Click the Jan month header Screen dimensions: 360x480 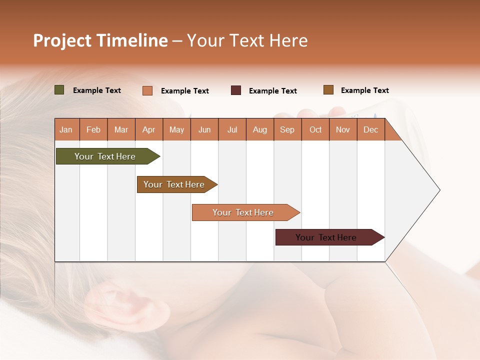(x=66, y=129)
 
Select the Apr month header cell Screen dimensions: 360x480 (x=149, y=129)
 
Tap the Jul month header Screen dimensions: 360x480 (x=232, y=129)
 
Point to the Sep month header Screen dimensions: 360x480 (x=287, y=129)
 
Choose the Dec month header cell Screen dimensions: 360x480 (x=370, y=129)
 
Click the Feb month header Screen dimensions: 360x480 (x=93, y=129)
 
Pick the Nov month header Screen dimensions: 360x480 (x=343, y=129)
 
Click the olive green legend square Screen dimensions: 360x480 (x=59, y=90)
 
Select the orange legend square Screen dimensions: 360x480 (x=147, y=90)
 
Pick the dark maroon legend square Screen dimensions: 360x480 (x=236, y=90)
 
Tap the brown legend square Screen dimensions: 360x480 (x=328, y=90)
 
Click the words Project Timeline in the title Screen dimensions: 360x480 (x=100, y=40)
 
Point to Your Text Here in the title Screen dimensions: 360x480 (x=247, y=40)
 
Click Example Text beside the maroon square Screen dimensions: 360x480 (x=272, y=91)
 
